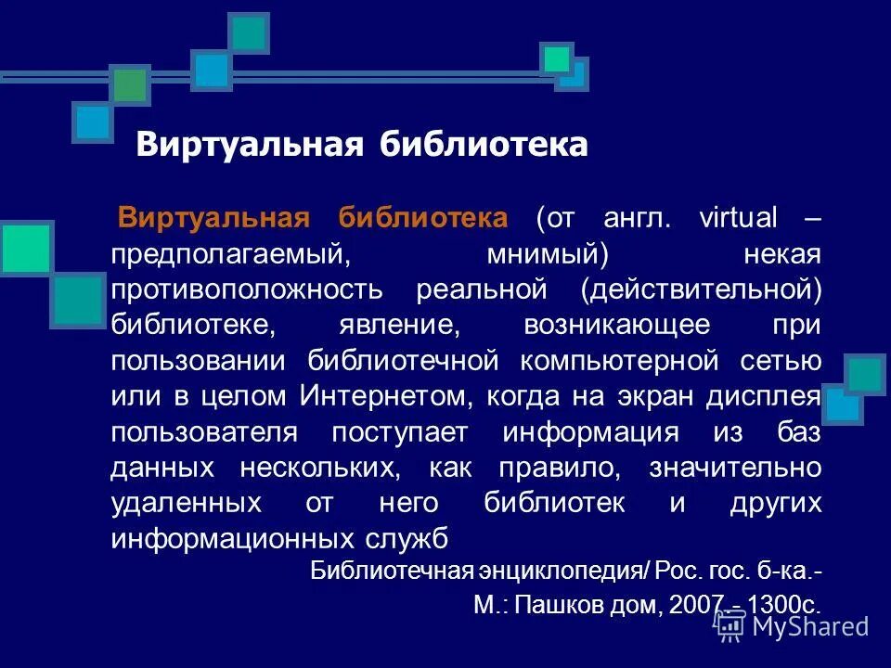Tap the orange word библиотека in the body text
[422, 218]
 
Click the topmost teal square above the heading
[249, 33]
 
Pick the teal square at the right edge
[867, 375]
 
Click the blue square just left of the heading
[92, 122]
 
